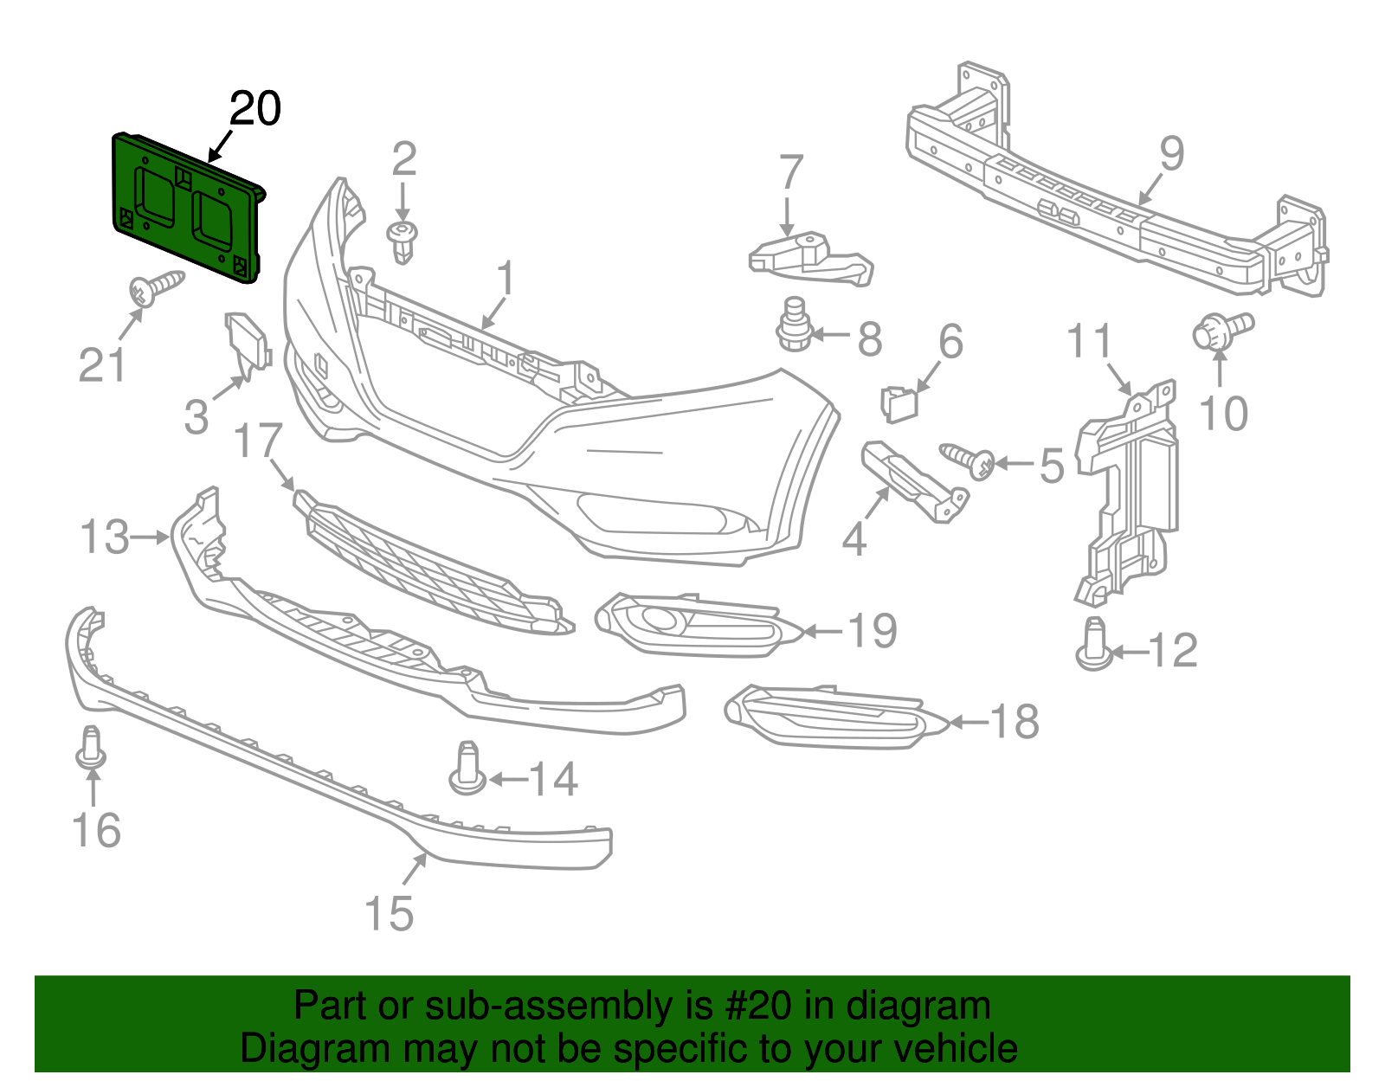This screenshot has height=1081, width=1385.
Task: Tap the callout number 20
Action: (255, 110)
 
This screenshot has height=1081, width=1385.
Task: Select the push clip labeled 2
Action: (403, 241)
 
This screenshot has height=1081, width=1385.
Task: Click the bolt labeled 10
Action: (1221, 331)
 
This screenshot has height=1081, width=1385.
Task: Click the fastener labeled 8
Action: (792, 327)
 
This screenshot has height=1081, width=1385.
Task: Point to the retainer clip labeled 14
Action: (467, 769)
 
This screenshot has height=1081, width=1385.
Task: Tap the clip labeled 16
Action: (91, 749)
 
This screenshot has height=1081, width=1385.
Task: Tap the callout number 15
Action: (389, 914)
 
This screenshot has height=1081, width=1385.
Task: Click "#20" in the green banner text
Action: (754, 1007)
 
